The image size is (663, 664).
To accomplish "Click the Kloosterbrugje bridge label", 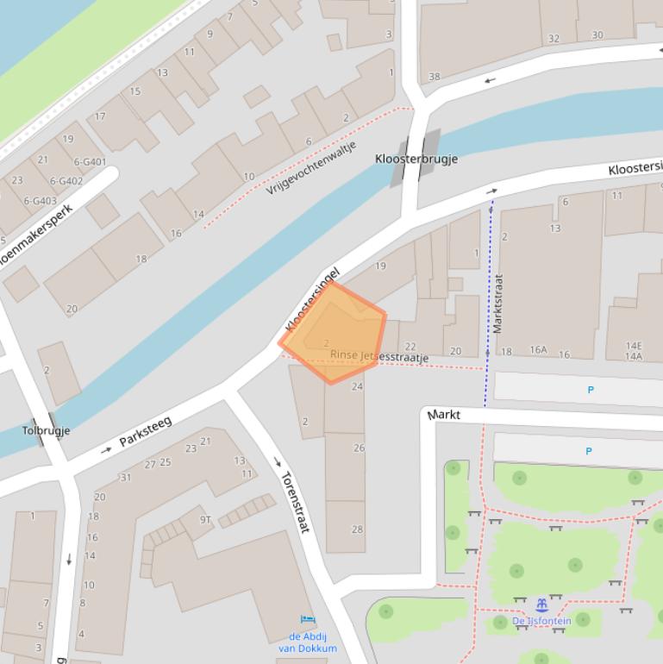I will pyautogui.click(x=416, y=159).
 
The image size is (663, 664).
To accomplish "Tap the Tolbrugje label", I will pyautogui.click(x=46, y=430).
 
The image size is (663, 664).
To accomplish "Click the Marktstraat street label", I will pyautogui.click(x=497, y=304).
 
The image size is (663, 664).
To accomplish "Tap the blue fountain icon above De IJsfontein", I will pyautogui.click(x=542, y=604).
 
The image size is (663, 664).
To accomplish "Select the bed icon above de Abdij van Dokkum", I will pyautogui.click(x=308, y=620).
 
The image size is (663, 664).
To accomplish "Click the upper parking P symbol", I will pyautogui.click(x=591, y=390).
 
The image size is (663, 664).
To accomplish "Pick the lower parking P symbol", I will pyautogui.click(x=589, y=451).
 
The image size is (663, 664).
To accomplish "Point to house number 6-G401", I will pyautogui.click(x=90, y=161).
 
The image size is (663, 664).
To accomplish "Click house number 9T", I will pyautogui.click(x=205, y=519).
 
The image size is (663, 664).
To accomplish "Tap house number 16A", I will pyautogui.click(x=539, y=351).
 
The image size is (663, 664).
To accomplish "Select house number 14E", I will pyautogui.click(x=634, y=346).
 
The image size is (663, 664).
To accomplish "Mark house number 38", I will pyautogui.click(x=435, y=77).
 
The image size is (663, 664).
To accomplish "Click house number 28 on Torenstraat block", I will pyautogui.click(x=358, y=529).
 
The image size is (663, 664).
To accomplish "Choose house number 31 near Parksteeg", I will pyautogui.click(x=125, y=477).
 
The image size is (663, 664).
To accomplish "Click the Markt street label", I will pyautogui.click(x=444, y=415).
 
